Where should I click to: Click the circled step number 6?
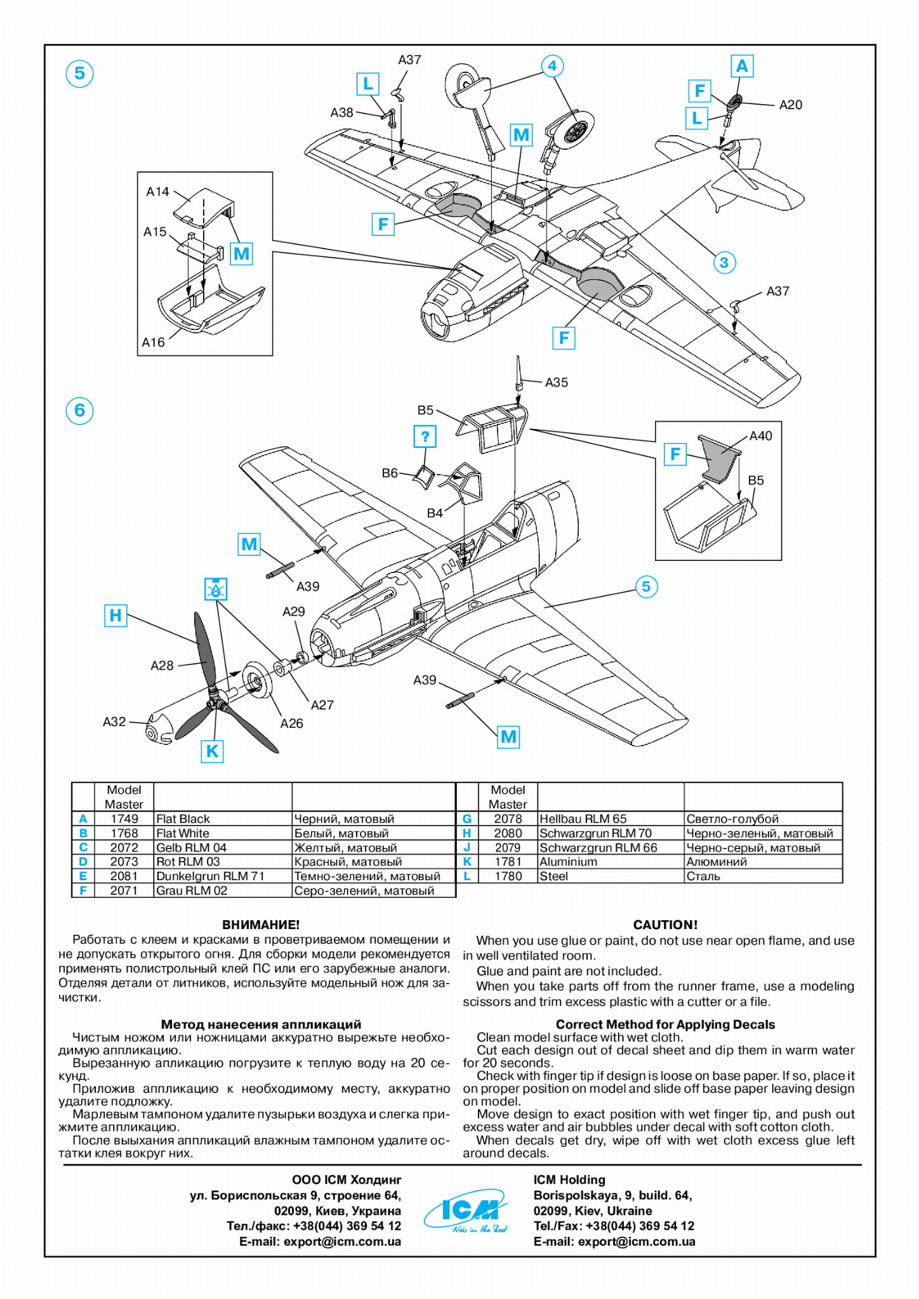tap(79, 410)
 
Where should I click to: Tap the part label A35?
tap(556, 383)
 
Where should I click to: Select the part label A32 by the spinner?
tap(114, 722)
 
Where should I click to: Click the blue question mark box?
tap(425, 437)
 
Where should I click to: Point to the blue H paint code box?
tap(115, 615)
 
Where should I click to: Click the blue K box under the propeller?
tap(212, 751)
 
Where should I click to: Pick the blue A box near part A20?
tap(741, 66)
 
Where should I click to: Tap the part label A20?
tap(790, 105)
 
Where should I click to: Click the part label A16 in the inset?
tap(153, 343)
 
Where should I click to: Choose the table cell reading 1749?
tap(124, 819)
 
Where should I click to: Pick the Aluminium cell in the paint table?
tap(568, 862)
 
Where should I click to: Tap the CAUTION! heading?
tap(664, 925)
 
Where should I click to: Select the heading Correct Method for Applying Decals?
tap(664, 1024)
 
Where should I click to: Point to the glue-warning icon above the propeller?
tap(216, 589)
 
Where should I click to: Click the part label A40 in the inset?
tap(760, 436)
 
